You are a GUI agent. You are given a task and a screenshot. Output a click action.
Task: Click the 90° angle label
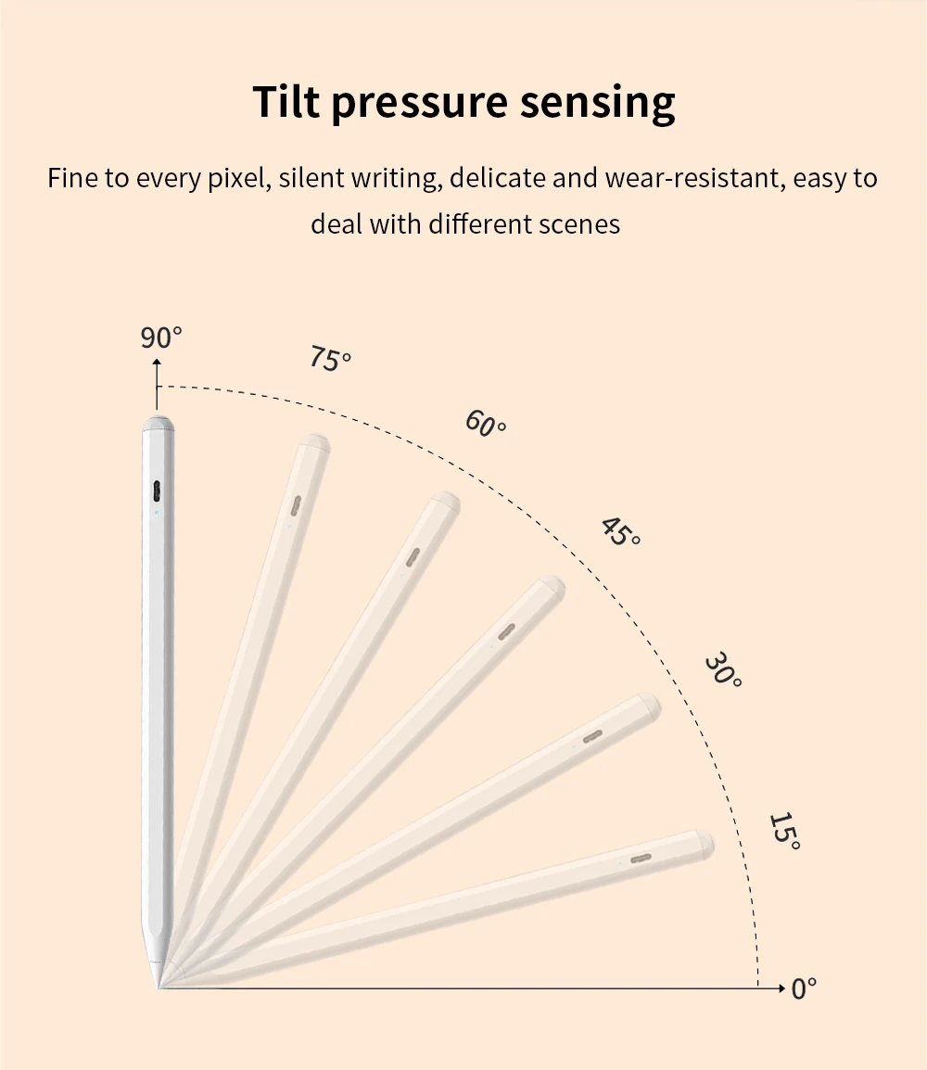[x=161, y=338]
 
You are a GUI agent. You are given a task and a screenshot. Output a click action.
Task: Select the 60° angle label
[x=486, y=425]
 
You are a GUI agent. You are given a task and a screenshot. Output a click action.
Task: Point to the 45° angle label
[x=620, y=531]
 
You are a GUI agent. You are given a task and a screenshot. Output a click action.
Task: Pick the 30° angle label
[x=723, y=669]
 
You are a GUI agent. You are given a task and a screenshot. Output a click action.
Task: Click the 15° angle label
[x=784, y=831]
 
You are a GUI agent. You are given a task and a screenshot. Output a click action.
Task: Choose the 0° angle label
[x=804, y=988]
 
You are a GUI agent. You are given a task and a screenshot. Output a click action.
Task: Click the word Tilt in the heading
[x=286, y=101]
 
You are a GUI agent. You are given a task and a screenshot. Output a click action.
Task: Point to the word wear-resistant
[x=694, y=177]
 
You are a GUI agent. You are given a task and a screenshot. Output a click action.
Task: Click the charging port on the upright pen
[x=156, y=490]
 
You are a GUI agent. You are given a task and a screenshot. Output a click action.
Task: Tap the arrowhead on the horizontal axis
[x=781, y=988]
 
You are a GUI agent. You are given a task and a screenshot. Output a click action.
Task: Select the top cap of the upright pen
[x=158, y=427]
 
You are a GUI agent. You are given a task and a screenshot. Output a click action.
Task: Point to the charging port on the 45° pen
[x=506, y=631]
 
